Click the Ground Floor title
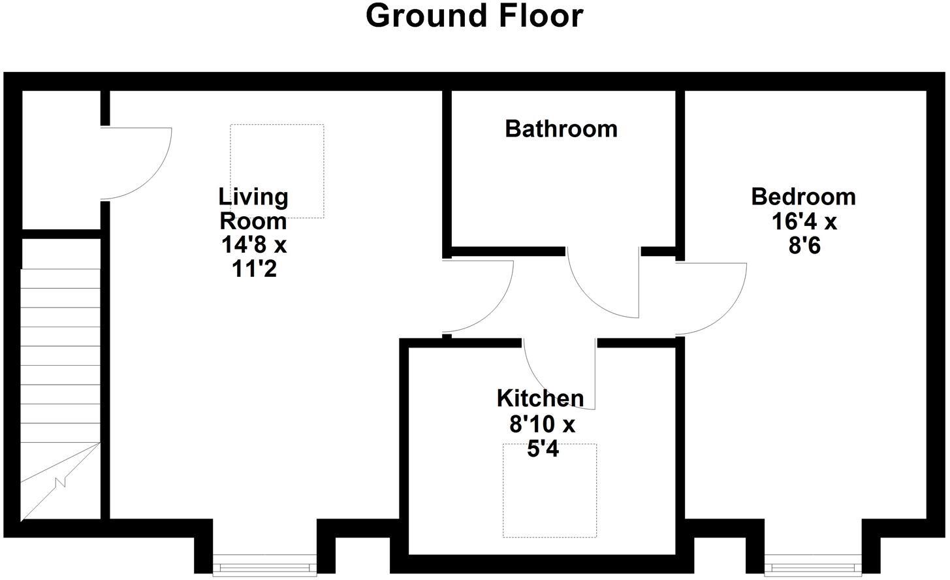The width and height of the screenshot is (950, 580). pyautogui.click(x=474, y=16)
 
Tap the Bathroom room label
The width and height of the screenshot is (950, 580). pyautogui.click(x=561, y=129)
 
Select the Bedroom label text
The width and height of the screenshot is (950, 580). pyautogui.click(x=803, y=197)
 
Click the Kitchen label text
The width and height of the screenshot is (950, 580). pyautogui.click(x=540, y=398)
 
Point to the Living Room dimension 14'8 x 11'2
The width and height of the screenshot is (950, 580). pyautogui.click(x=254, y=257)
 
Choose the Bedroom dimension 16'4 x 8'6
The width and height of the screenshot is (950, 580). pyautogui.click(x=804, y=234)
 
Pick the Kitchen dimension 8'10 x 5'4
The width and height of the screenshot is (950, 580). pyautogui.click(x=542, y=437)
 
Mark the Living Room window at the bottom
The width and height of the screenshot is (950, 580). pyautogui.click(x=264, y=566)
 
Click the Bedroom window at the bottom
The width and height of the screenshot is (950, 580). pyautogui.click(x=813, y=566)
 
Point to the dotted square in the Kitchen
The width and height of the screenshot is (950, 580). pyautogui.click(x=549, y=491)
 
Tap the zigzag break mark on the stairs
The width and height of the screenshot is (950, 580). pyautogui.click(x=61, y=483)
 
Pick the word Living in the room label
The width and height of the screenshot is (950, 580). pyautogui.click(x=253, y=196)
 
